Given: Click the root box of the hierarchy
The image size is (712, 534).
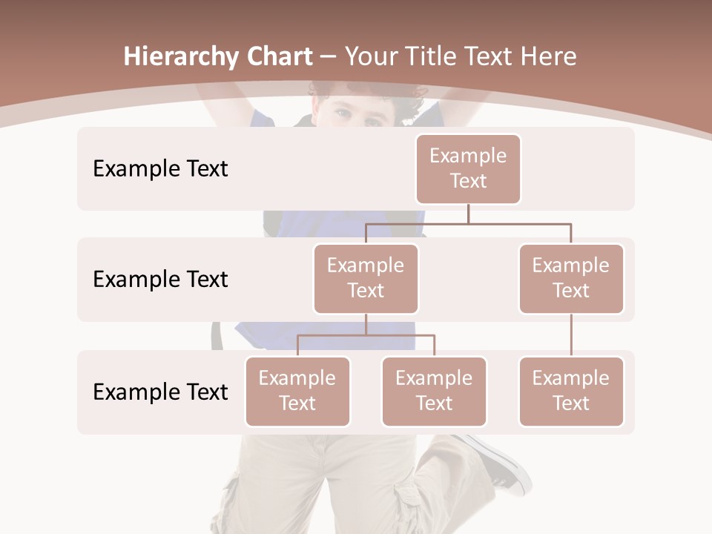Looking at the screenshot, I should pos(468,168).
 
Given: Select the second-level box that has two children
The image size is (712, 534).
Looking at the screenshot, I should pos(366,278).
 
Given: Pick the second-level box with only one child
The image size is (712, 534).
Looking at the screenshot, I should pos(571,278).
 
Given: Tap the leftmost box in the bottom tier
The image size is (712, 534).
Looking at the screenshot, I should pos(297,391).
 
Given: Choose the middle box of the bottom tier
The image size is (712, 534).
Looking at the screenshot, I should pos(434,391).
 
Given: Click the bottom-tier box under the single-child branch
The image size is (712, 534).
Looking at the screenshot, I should pos(571,391).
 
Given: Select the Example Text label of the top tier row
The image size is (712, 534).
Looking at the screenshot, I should pos(160,169).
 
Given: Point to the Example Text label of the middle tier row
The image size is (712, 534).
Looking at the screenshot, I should pos(160,280).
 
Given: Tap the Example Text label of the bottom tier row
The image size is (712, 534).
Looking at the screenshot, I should pos(160,392).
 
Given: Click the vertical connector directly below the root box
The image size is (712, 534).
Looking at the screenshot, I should pos(468,214).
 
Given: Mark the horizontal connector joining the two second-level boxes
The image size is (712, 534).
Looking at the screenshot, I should pos(468,222).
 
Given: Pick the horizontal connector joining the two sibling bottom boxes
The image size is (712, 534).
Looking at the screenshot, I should pos(366,335).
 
